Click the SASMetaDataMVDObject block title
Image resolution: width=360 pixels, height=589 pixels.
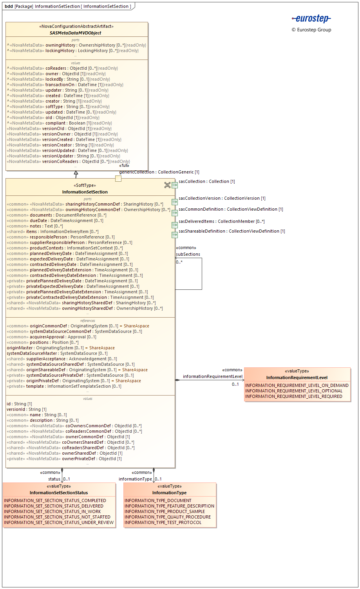tap(75, 33)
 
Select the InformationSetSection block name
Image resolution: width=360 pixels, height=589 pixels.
tap(85, 192)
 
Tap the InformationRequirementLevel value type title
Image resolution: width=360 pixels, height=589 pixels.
tap(297, 378)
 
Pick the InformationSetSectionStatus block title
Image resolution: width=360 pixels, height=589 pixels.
tap(59, 493)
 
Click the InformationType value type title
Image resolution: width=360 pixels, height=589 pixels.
tap(169, 493)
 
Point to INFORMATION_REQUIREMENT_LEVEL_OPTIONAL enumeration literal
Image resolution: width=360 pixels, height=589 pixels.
tap(294, 391)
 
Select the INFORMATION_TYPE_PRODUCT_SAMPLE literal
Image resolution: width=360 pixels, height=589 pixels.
tap(165, 511)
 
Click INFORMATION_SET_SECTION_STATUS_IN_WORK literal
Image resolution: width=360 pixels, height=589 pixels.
tap(52, 511)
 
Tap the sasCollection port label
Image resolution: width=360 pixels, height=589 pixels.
tap(207, 181)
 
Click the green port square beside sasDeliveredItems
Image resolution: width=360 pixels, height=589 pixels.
tap(175, 225)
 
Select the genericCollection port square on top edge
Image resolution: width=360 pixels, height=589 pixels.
tap(118, 179)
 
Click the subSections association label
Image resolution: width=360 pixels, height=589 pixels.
tap(188, 254)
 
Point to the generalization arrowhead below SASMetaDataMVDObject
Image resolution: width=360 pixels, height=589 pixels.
tap(76, 173)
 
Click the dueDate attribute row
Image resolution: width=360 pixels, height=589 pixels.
tap(55, 220)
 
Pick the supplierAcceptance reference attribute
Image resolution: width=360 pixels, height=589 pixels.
tap(62, 359)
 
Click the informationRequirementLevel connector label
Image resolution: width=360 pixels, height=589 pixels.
tap(213, 376)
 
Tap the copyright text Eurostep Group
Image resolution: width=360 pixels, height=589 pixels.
tap(311, 30)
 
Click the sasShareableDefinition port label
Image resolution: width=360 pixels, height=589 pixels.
tap(232, 231)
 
